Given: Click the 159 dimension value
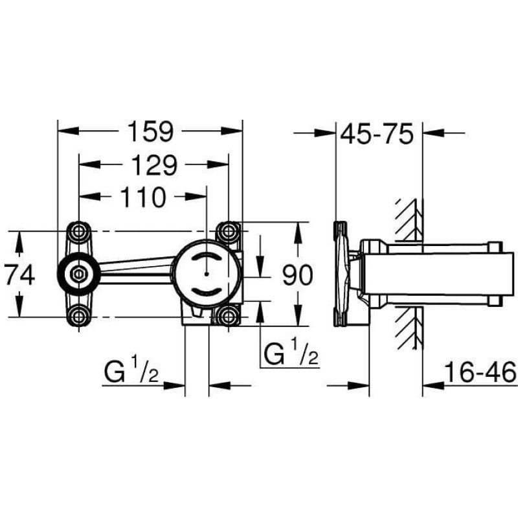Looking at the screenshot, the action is tap(150, 131).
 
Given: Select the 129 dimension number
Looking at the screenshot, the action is tap(154, 164).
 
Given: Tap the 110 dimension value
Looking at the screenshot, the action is tap(142, 197).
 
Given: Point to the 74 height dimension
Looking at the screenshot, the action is tap(20, 276).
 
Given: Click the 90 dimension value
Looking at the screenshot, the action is tap(297, 276).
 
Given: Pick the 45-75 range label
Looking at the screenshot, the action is tap(377, 134).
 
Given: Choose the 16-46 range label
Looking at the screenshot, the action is tap(480, 372).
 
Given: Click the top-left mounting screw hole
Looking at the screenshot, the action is tap(78, 231).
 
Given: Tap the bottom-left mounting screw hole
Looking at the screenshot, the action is tap(78, 317).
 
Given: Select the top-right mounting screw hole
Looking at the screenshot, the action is tap(229, 231).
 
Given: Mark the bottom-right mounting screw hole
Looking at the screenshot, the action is tap(229, 317).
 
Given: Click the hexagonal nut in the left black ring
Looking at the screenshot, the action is tap(78, 274).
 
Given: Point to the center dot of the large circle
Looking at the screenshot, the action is tap(207, 274).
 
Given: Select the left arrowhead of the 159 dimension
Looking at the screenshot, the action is tap(69, 131).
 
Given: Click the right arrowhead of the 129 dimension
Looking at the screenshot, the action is tap(218, 164).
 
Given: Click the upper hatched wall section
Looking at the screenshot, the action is tap(410, 220).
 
